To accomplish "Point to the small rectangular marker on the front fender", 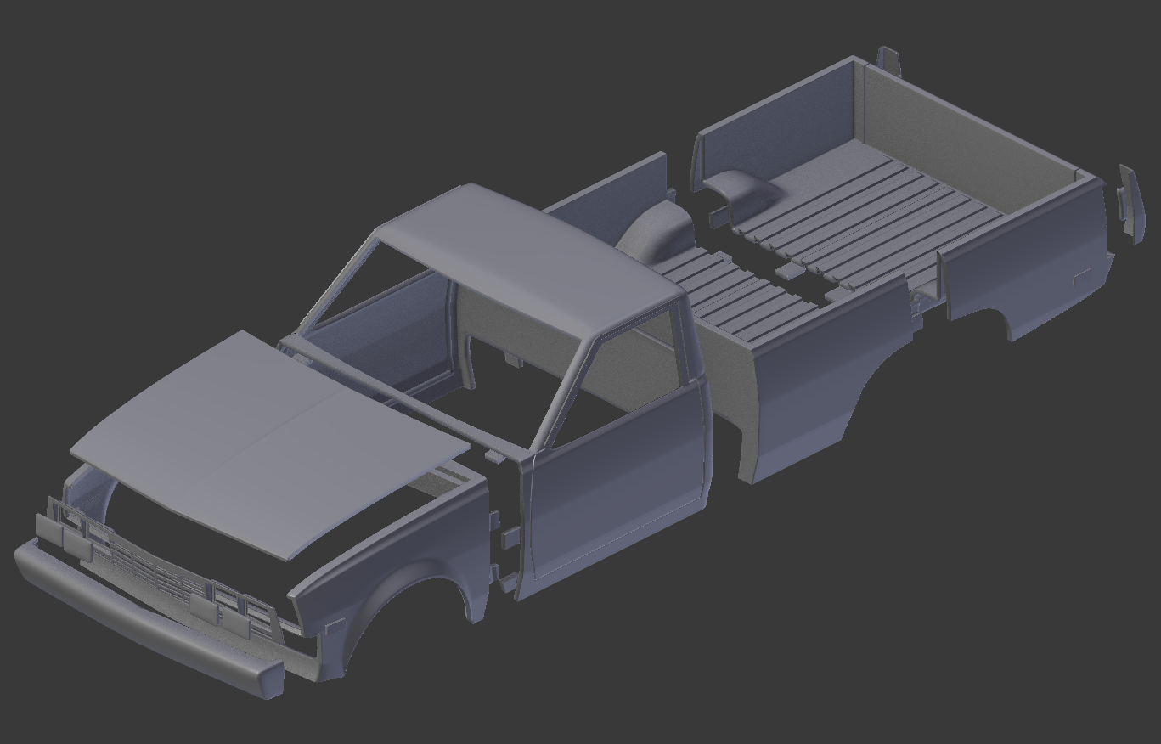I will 335,628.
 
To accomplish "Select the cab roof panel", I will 527,255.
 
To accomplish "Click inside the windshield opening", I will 382,306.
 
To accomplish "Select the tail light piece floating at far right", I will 1129,204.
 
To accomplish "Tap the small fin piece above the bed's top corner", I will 888,59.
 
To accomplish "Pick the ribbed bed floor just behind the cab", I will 730,289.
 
